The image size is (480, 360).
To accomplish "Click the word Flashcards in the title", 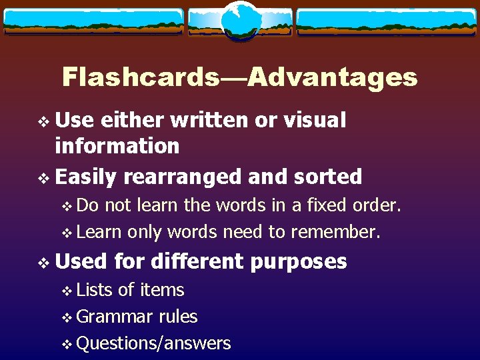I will tap(140, 78).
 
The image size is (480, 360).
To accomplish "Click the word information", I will tap(117, 145).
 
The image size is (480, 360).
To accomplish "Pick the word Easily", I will tap(86, 177).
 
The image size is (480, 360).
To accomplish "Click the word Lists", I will tap(95, 290).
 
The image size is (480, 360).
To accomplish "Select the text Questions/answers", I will tap(153, 343).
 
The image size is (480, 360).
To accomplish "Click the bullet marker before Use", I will tap(44, 121).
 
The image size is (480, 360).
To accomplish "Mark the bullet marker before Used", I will tap(44, 262).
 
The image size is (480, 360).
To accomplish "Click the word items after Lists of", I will tap(161, 290).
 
